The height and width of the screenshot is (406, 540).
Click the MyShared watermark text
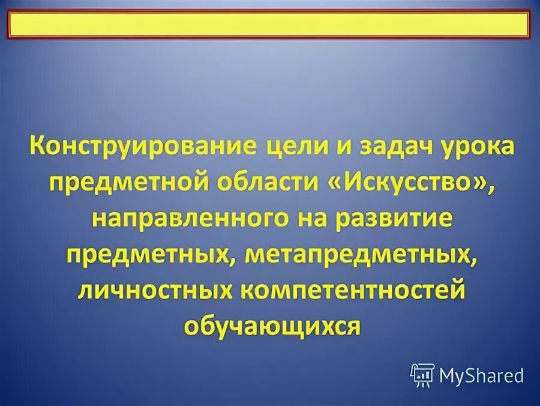tap(481, 376)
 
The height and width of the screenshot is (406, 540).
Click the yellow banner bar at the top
tap(269, 25)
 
